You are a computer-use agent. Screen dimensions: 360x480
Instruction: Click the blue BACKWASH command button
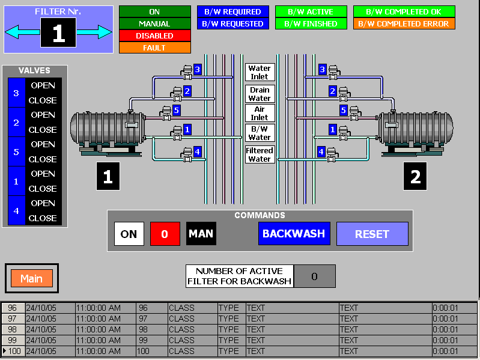[x=294, y=234]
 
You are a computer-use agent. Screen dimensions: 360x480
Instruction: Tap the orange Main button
[x=32, y=278]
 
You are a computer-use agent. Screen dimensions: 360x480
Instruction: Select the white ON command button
[x=129, y=234]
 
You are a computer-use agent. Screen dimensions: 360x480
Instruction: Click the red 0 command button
[x=165, y=234]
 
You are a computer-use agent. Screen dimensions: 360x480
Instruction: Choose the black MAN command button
[x=201, y=234]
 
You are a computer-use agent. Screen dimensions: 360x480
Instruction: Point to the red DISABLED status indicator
[x=154, y=35]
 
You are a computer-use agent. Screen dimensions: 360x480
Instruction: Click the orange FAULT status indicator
[x=154, y=47]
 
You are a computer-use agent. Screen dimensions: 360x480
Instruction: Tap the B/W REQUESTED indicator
[x=232, y=23]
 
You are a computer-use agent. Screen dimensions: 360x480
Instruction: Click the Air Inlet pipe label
[x=260, y=113]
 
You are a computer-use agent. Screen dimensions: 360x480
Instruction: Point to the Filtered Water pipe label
[x=260, y=154]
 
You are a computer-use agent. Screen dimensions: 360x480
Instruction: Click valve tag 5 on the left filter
[x=176, y=110]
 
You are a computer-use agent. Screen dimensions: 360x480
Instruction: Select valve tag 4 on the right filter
[x=321, y=151]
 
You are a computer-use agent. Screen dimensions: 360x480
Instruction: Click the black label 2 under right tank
[x=415, y=177]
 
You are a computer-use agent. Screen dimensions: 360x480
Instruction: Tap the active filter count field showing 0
[x=314, y=276]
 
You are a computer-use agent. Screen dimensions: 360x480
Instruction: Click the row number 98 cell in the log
[x=13, y=329]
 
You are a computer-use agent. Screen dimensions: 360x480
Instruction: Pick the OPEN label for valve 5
[x=43, y=144]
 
